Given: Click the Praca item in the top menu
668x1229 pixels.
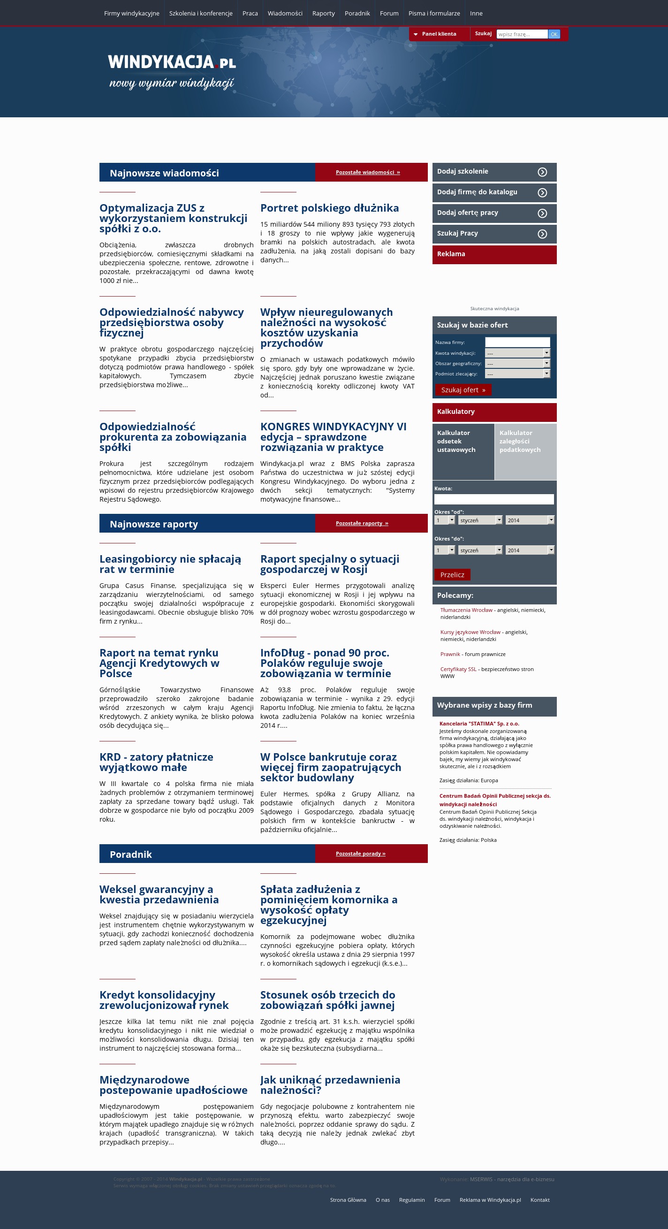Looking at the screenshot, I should (250, 13).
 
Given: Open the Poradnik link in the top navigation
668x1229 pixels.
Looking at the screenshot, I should (357, 13).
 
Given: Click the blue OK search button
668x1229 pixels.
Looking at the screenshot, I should (554, 34).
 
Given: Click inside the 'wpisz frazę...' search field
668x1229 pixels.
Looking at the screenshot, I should (522, 34).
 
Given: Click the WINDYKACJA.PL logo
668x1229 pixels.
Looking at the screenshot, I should (172, 62).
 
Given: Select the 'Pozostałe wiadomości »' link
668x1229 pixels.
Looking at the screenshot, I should (368, 172).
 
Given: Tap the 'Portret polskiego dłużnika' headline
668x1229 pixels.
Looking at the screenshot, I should (329, 208).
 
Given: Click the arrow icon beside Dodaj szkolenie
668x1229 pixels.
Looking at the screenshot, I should (542, 172).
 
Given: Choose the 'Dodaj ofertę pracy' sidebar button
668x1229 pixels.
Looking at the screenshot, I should (494, 213).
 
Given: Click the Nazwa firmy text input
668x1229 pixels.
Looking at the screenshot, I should (517, 342).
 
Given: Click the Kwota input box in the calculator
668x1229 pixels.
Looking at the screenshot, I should (494, 499).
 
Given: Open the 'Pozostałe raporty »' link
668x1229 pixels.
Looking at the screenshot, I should (362, 523).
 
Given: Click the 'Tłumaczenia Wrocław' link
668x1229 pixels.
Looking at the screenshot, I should (466, 610).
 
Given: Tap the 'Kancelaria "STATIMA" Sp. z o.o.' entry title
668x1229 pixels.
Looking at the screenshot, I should (479, 724).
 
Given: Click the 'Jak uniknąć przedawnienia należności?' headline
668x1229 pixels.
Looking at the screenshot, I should (330, 1085).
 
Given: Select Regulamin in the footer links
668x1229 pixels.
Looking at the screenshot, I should (411, 1200).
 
